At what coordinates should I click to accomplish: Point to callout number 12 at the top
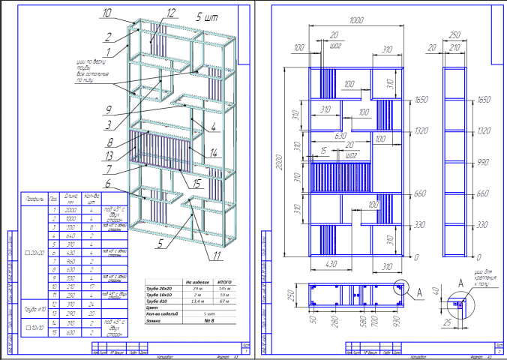[x=171, y=13]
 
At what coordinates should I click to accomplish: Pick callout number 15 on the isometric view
[x=196, y=181]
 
